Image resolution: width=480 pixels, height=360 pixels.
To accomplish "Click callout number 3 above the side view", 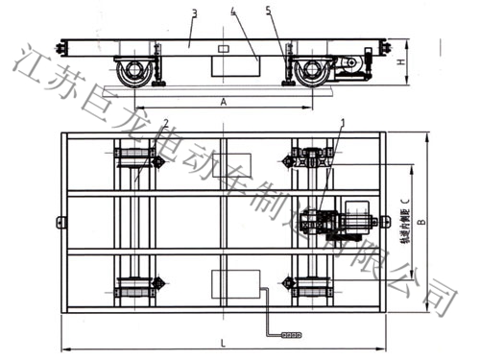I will [195, 13].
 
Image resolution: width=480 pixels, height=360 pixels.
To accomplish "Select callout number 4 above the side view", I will [232, 13].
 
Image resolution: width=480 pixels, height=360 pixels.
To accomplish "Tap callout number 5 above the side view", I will [268, 13].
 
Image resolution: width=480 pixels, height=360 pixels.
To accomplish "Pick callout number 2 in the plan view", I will [165, 123].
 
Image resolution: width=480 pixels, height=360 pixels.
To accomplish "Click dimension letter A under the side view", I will [224, 100].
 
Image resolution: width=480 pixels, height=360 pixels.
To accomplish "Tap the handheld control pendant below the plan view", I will [289, 334].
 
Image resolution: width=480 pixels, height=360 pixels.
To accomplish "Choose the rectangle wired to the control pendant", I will [232, 284].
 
